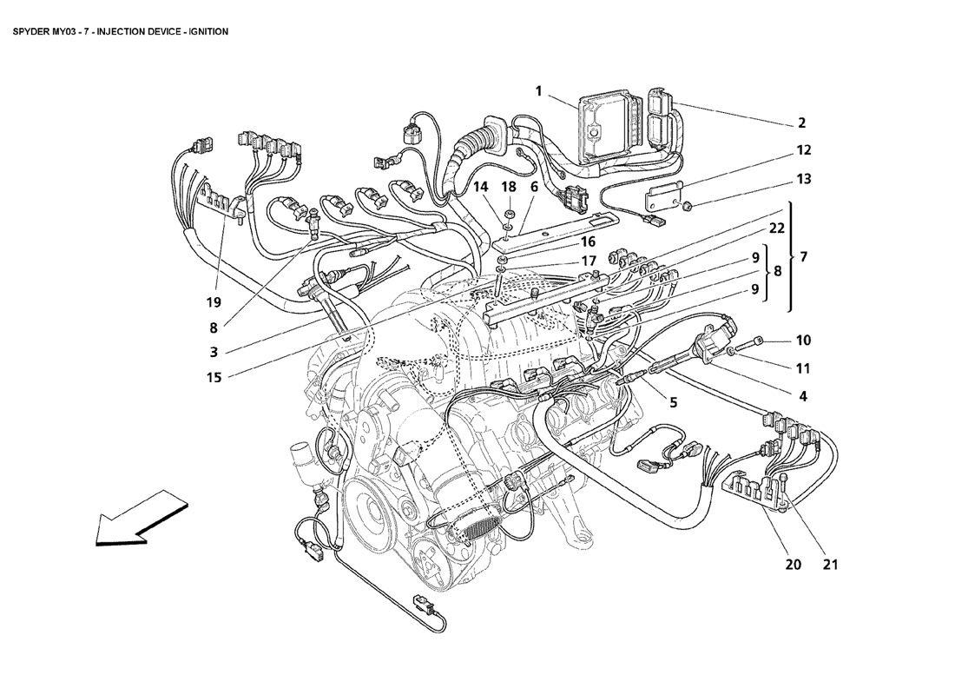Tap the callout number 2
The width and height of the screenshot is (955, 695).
coord(802,122)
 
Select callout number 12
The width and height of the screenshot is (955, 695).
coord(804,150)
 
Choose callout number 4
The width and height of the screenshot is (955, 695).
coord(803,396)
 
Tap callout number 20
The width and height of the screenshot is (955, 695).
coord(793,565)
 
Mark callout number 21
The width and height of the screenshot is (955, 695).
coord(830,565)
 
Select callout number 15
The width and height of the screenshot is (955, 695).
coord(214,378)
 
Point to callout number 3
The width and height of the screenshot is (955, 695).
coord(214,352)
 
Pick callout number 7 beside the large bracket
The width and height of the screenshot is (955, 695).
coord(803,257)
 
